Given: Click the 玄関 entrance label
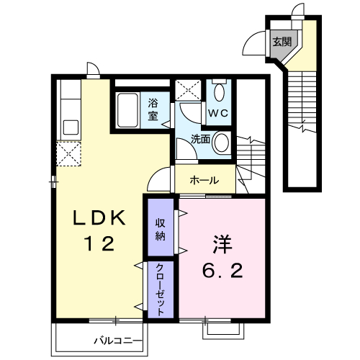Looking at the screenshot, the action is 282,42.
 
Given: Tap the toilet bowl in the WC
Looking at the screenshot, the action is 219,92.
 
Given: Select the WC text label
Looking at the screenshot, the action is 217,113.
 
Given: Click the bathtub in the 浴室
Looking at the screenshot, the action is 127,110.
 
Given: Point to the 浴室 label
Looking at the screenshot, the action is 153,109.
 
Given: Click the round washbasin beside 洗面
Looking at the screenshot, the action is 221,143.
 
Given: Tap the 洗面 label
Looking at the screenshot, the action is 200,139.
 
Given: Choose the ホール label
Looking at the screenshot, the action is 204,180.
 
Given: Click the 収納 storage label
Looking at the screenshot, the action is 160,230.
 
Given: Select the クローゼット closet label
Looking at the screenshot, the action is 160,289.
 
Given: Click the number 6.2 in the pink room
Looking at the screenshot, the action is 222,271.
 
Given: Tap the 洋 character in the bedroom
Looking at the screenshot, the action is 222,244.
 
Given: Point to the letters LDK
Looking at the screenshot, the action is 99,217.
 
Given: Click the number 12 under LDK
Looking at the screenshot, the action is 99,243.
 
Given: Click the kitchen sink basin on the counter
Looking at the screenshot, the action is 71,127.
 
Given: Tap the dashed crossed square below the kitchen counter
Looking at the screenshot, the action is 68,154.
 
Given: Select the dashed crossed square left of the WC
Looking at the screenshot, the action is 188,90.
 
